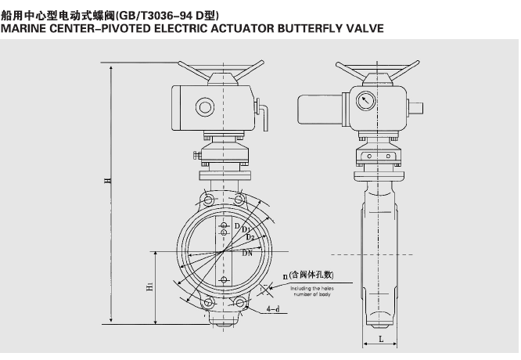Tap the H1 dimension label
pos(149,287)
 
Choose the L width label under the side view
pos(379,338)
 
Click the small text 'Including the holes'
pos(312,288)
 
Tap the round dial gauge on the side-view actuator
pos(365,101)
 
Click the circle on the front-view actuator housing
pos(206,106)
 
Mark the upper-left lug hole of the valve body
pos(207,199)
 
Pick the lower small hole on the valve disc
pos(224,279)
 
